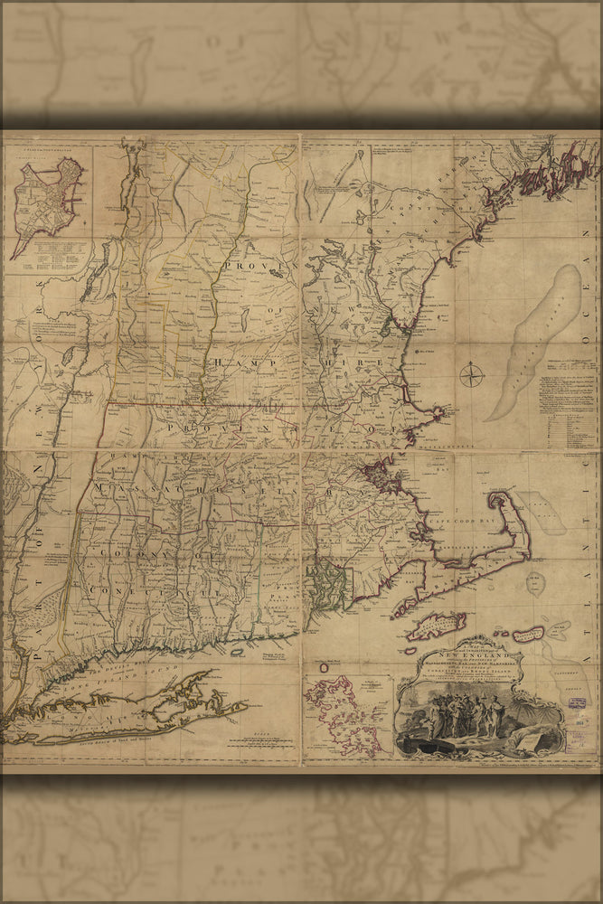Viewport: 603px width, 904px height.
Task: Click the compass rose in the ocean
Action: [x=472, y=374]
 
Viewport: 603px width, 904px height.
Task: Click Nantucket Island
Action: [x=529, y=634]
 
